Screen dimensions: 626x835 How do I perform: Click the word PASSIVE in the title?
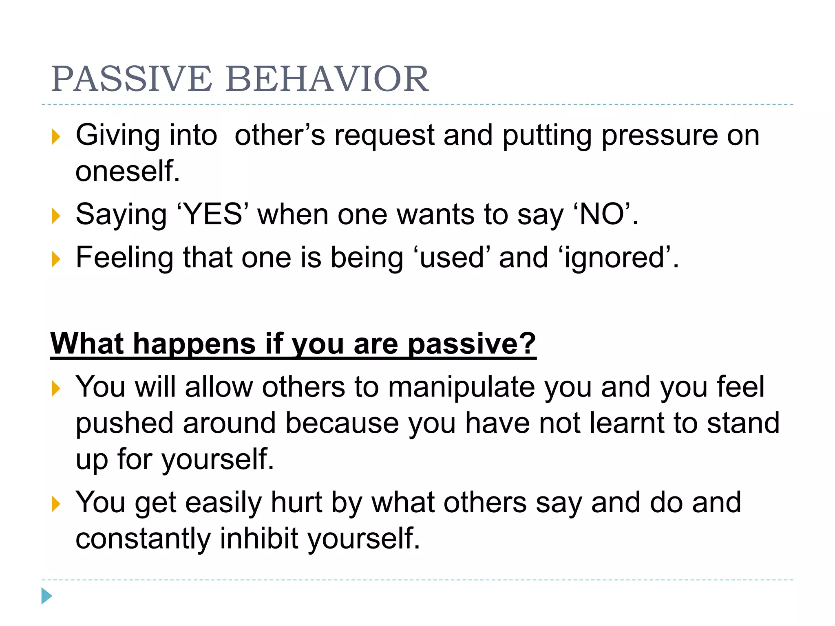(x=131, y=79)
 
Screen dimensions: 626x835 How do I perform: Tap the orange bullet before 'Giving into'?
(x=56, y=137)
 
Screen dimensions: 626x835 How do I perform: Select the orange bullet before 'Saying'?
(x=56, y=216)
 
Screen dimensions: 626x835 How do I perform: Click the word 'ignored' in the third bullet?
(x=616, y=258)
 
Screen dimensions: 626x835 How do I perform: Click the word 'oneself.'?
(x=127, y=171)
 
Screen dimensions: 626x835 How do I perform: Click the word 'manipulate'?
(x=461, y=387)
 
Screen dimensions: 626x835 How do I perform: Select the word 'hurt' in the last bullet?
(x=296, y=503)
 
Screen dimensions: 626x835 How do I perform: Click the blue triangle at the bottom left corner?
(x=46, y=596)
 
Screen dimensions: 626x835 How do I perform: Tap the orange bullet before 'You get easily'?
(x=56, y=504)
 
